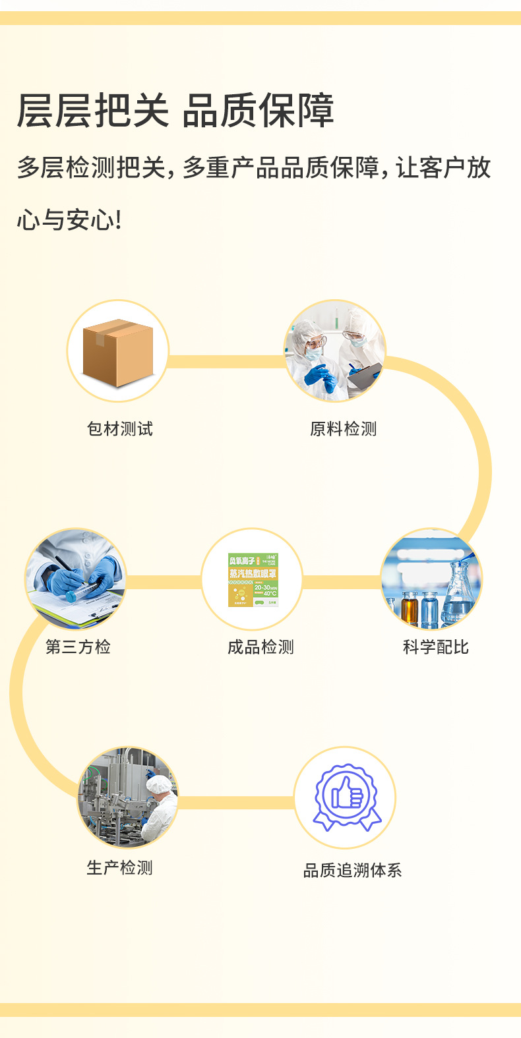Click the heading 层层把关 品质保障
(x=175, y=111)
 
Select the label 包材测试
(x=120, y=429)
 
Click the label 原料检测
(x=343, y=429)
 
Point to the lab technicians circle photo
(x=334, y=351)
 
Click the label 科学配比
(x=435, y=647)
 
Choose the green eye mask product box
(x=253, y=579)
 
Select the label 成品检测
(x=260, y=647)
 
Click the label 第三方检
(x=78, y=647)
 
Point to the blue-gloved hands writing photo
(x=75, y=579)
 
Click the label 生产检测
(x=120, y=868)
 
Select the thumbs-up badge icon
(x=345, y=797)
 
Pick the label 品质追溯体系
(x=352, y=871)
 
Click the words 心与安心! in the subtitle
(x=69, y=220)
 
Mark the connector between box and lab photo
(x=226, y=361)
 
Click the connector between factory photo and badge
(x=235, y=802)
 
